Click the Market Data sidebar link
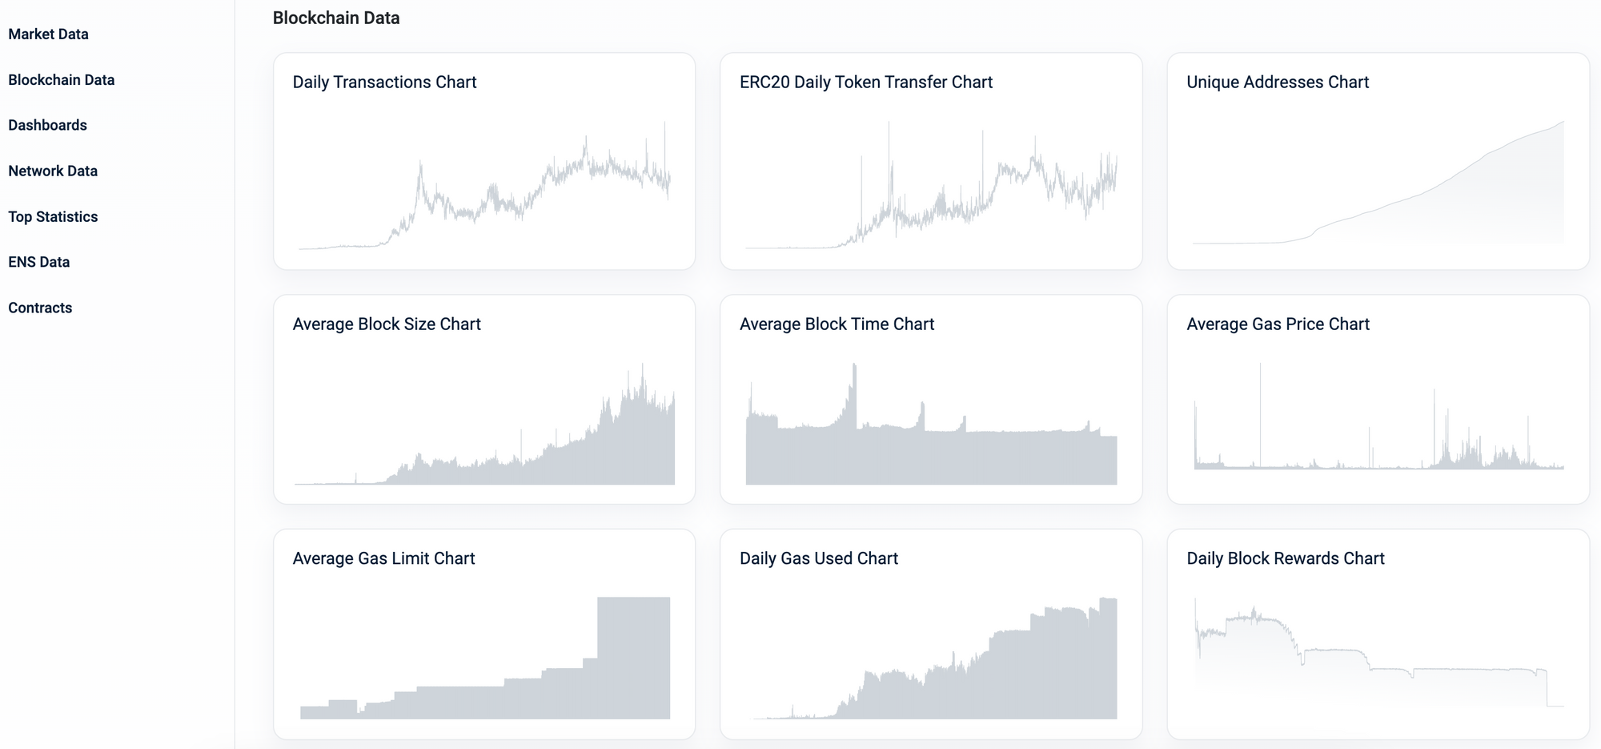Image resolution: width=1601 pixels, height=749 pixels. [x=48, y=34]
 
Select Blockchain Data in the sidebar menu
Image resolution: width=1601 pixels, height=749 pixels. [x=62, y=80]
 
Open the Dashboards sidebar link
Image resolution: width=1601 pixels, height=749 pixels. [x=47, y=125]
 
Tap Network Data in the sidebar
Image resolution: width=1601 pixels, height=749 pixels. [x=53, y=171]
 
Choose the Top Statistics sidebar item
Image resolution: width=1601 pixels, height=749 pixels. [x=53, y=216]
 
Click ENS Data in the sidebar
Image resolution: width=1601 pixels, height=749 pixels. [x=39, y=262]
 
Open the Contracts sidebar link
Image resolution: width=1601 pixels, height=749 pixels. [x=40, y=308]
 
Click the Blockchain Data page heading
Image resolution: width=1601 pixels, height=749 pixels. [x=336, y=18]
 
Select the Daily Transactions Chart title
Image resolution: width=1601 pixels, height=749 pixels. [x=384, y=82]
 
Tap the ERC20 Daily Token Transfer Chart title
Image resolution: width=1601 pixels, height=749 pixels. [x=866, y=82]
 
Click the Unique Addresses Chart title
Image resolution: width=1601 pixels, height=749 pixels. [x=1278, y=82]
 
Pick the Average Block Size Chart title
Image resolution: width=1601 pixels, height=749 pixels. [x=387, y=324]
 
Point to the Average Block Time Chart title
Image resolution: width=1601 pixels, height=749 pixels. [x=837, y=324]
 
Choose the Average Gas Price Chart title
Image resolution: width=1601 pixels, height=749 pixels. [x=1278, y=324]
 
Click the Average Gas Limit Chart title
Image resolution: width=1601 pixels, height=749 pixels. [x=383, y=558]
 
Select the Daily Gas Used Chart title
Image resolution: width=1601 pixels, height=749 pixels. [x=819, y=558]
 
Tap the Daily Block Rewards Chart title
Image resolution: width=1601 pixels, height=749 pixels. [x=1286, y=558]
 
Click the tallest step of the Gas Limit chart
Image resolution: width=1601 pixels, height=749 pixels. [x=634, y=657]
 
